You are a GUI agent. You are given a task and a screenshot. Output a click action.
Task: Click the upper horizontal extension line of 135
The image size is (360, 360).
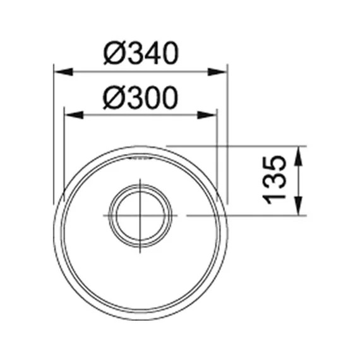click(x=253, y=146)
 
